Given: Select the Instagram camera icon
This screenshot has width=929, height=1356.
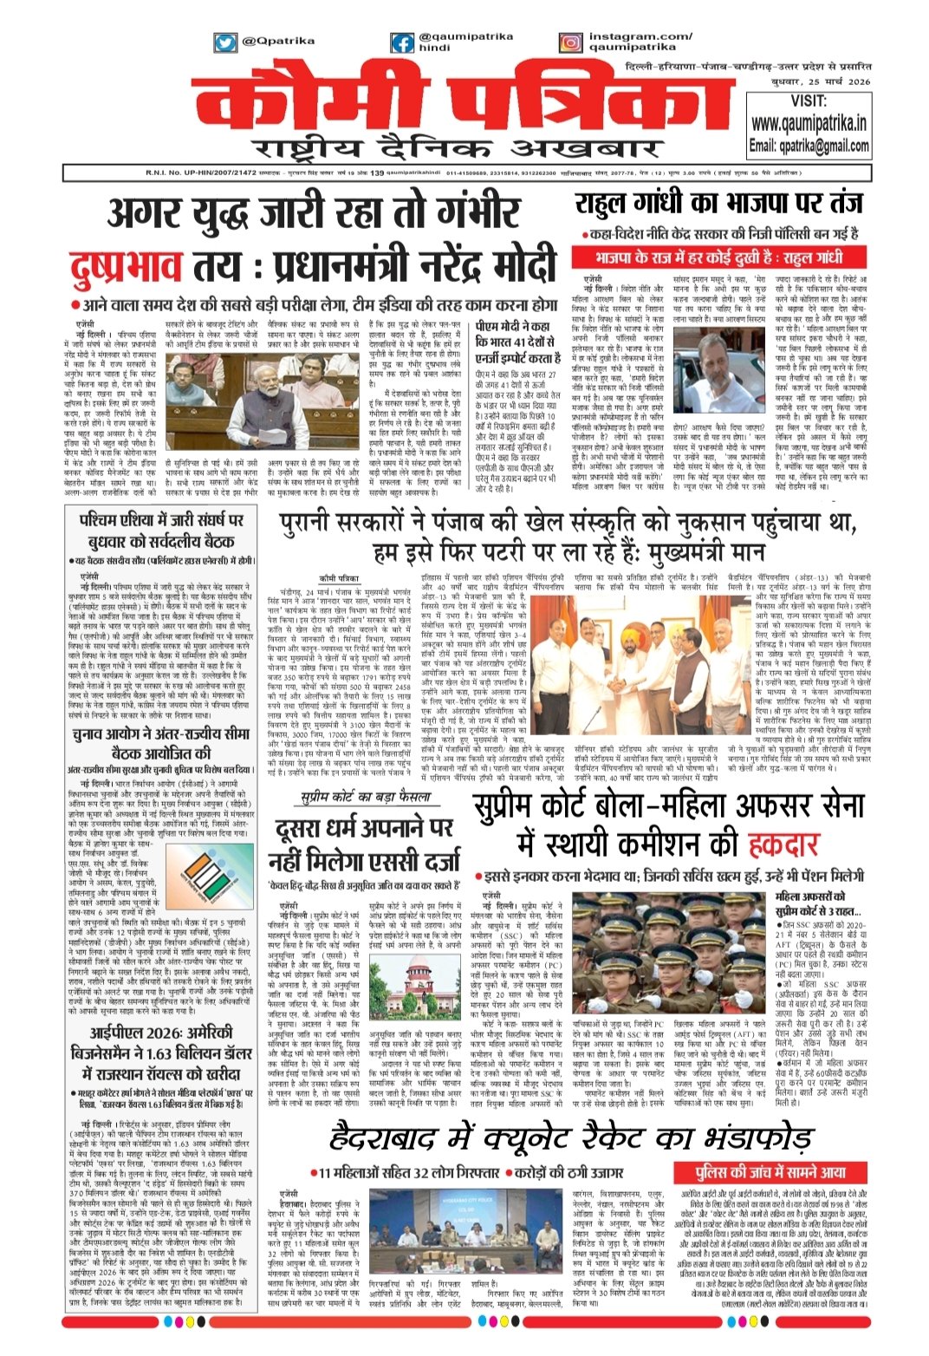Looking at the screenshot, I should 570,42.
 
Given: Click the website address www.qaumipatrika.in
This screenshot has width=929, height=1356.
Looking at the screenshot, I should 808,123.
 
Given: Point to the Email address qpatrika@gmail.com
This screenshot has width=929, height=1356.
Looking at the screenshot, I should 808,145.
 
